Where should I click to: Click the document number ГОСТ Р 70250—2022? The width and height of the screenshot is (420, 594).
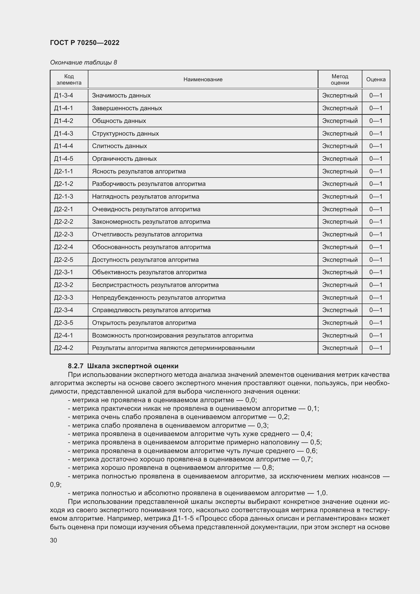pos(85,43)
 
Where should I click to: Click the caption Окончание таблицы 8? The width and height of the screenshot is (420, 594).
pos(83,62)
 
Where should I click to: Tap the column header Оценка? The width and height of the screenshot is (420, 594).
pos(376,79)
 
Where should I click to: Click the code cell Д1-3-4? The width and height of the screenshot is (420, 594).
pos(64,95)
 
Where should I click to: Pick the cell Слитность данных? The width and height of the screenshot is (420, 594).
pos(119,146)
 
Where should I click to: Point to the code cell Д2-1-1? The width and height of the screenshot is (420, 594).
pos(64,171)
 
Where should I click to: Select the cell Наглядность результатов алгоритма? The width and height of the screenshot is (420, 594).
pos(145,196)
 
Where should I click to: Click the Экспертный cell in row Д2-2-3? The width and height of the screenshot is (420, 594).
pos(340,234)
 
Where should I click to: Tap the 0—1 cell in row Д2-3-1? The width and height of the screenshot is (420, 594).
pos(376,272)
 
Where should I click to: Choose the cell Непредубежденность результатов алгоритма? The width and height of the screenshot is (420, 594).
pos(158,298)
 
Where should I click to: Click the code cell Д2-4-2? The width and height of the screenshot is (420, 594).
pos(64,348)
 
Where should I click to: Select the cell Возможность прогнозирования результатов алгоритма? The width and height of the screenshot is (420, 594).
pos(172,335)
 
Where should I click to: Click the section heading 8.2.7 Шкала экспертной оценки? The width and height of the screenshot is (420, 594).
pos(123,366)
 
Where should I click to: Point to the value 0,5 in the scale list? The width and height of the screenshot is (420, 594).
pos(315,442)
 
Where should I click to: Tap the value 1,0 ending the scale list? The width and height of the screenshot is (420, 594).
pos(321,493)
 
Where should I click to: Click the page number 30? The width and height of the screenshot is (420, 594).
pos(53,540)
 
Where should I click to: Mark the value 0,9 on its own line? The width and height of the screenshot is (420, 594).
pos(55,485)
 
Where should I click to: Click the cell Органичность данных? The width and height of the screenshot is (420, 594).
pos(124,158)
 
